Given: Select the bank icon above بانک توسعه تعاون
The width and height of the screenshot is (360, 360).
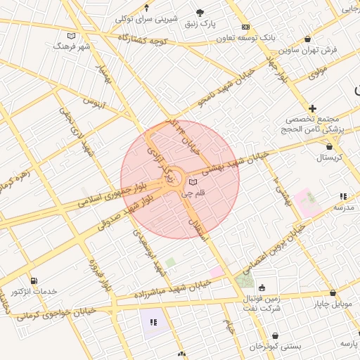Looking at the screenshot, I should pos(245,27).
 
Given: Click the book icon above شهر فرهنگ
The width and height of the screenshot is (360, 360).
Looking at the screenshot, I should pos(71,36).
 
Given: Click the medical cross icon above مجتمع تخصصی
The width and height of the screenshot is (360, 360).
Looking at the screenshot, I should pos(312,108).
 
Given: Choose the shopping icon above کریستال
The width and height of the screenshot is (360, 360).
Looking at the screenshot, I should pos(330,146).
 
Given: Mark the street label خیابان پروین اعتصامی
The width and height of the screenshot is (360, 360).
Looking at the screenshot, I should pos(274,249).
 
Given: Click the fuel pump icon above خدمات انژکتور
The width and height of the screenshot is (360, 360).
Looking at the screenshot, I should pos(34,281).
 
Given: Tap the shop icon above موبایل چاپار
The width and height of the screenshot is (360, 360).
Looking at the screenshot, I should pos(333,292).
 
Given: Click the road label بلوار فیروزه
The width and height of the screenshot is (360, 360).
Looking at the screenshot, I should pos(99,276).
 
